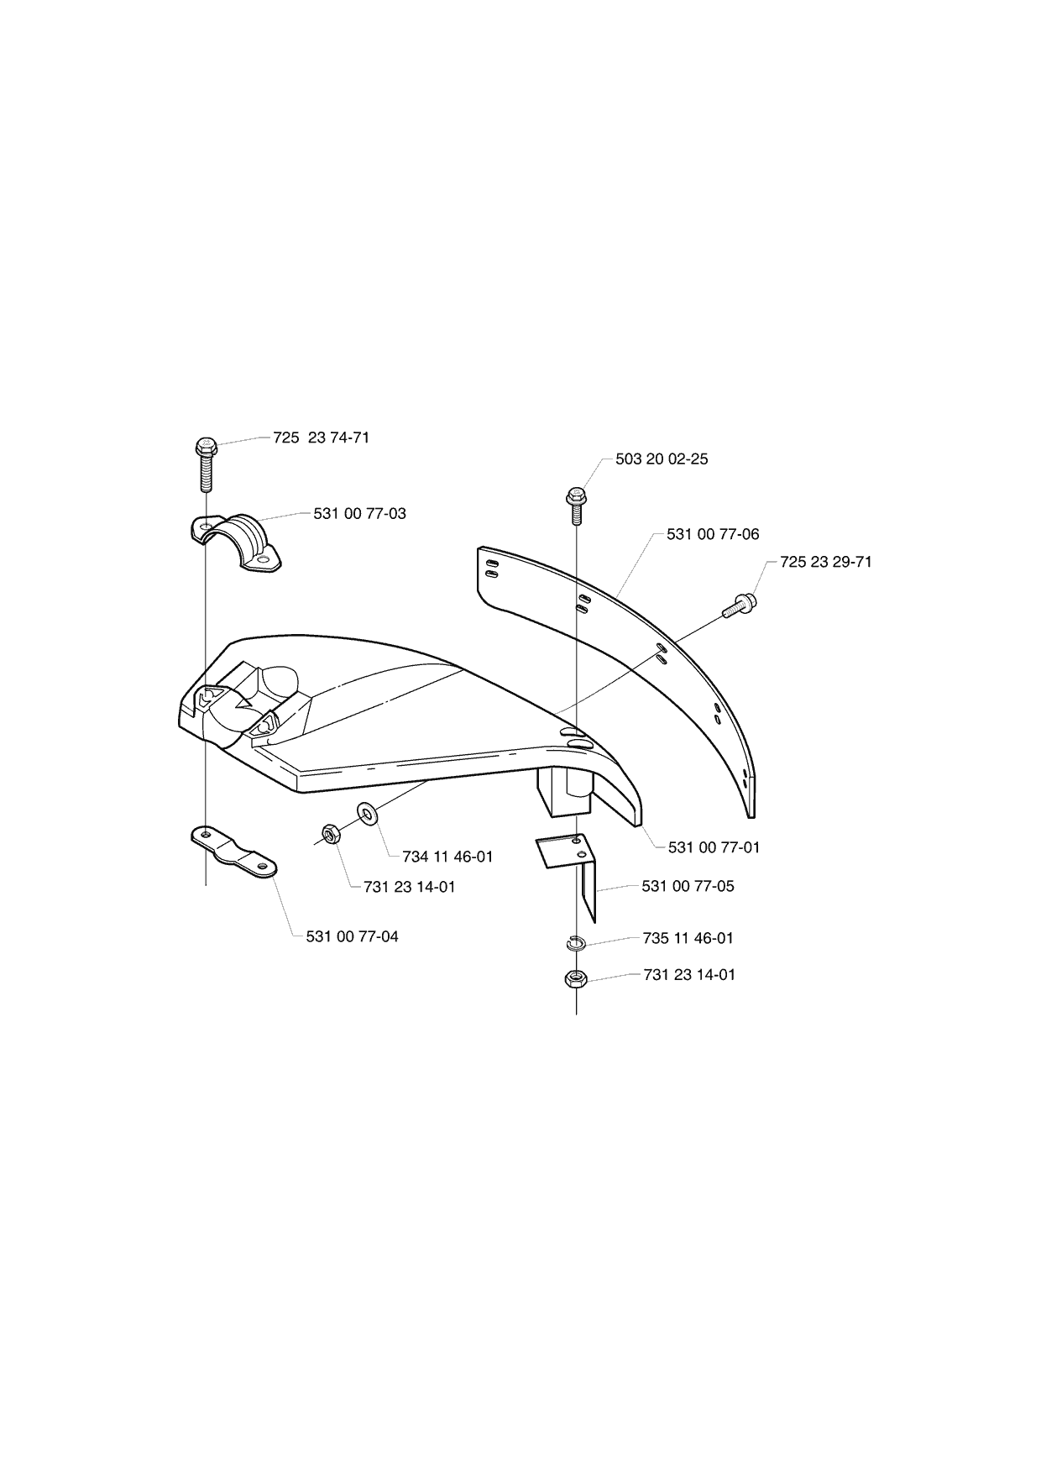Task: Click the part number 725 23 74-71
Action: pos(322,438)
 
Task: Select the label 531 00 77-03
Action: pos(360,513)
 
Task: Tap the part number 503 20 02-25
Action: pos(662,459)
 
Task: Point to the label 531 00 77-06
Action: pos(713,534)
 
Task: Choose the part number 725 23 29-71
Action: pos(826,562)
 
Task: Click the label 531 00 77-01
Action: pos(714,847)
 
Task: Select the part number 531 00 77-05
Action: pos(688,886)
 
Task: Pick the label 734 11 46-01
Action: pos(447,857)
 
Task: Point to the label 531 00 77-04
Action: pos(353,936)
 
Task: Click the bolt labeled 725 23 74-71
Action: pos(206,463)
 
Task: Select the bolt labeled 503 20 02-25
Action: pos(576,506)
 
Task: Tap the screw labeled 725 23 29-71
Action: pos(739,605)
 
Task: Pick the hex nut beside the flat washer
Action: pos(330,834)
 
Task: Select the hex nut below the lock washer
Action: pos(576,978)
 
